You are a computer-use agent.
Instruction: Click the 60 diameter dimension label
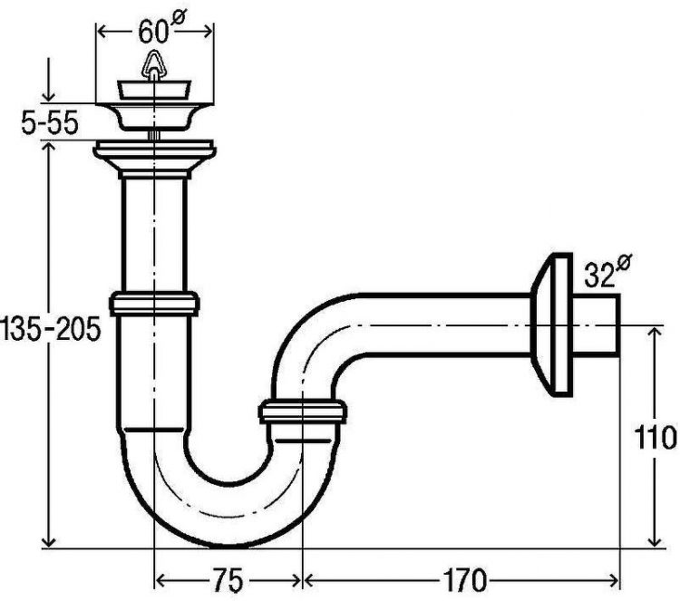point(159,30)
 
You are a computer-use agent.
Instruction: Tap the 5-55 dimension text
point(50,123)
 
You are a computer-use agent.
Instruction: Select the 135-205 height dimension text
point(50,330)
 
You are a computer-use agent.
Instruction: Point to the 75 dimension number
point(228,579)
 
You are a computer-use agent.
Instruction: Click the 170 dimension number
point(464,579)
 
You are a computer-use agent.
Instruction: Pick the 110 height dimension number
point(656,437)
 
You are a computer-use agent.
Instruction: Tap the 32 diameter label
point(607,271)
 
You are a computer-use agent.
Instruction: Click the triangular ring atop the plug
point(152,65)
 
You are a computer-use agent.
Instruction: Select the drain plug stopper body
point(153,90)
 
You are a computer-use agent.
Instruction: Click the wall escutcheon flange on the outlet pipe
point(551,325)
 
